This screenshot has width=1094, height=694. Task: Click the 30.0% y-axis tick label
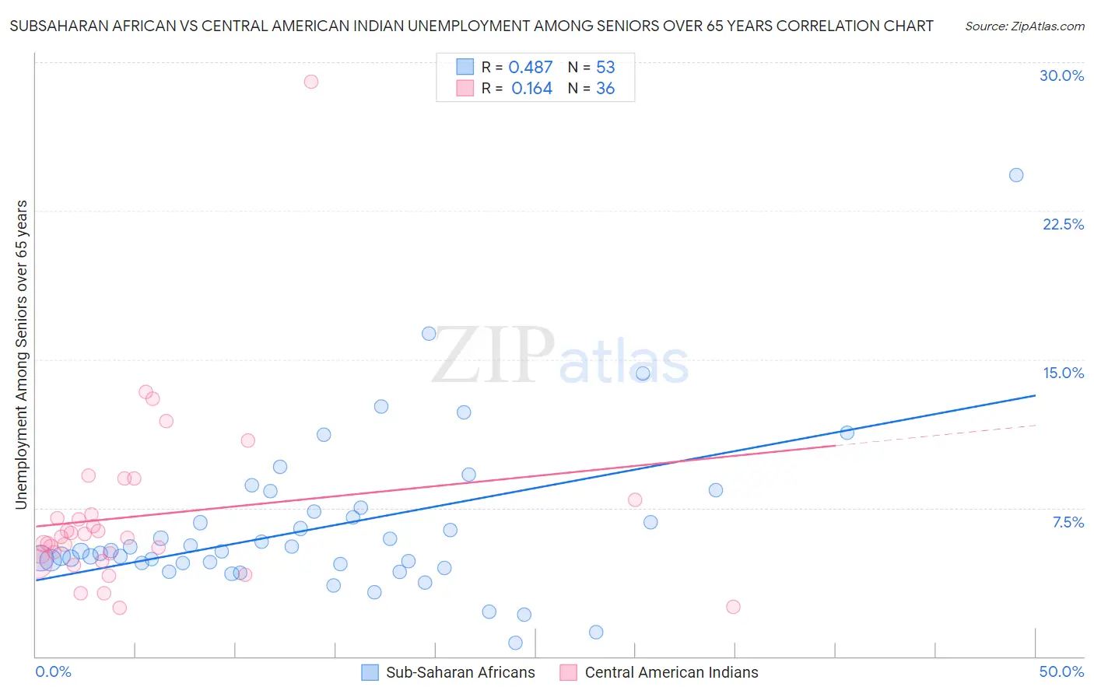coord(1061,75)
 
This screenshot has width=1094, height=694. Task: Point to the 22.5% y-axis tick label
coord(1063,224)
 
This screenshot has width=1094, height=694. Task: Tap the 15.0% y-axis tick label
coord(1063,373)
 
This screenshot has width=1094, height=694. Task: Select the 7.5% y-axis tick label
coord(1068,522)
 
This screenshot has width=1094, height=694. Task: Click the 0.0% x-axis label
coord(53,671)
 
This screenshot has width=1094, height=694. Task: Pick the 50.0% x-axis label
coord(1061,671)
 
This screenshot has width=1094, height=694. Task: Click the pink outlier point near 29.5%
coord(311,82)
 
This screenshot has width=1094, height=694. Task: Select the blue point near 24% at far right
coord(1016,175)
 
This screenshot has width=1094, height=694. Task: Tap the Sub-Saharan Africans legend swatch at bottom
coord(370,672)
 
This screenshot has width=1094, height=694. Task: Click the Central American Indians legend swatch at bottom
coord(569,672)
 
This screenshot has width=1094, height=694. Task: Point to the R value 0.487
coord(530,68)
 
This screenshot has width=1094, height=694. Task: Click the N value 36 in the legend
coord(605,89)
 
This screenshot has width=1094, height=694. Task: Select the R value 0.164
coord(531,89)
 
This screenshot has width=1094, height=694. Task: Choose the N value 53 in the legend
coord(605,68)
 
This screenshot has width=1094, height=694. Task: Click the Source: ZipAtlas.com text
coord(1024,26)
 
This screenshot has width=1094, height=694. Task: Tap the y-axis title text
coord(22,355)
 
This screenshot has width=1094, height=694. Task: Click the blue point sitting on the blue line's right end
coord(847,433)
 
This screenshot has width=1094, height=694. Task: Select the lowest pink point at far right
coord(733,607)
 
